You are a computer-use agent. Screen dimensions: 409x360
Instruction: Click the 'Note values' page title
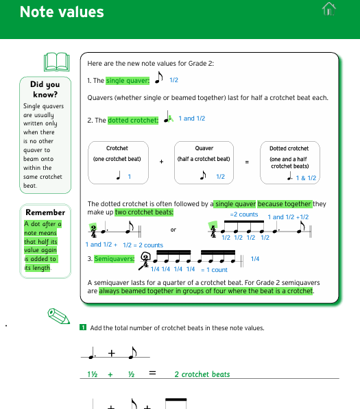pyautogui.click(x=62, y=12)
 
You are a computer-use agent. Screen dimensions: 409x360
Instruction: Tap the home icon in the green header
pyautogui.click(x=328, y=8)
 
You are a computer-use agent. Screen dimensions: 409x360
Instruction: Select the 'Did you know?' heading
pyautogui.click(x=45, y=90)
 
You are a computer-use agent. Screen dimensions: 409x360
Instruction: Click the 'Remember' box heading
pyautogui.click(x=45, y=212)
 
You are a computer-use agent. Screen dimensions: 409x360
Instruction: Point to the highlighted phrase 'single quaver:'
pyautogui.click(x=128, y=81)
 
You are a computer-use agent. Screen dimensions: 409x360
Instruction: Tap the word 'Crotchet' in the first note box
pyautogui.click(x=117, y=148)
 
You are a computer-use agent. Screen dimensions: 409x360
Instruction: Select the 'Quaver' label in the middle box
pyautogui.click(x=204, y=148)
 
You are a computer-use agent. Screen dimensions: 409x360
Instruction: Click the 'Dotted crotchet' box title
pyautogui.click(x=289, y=148)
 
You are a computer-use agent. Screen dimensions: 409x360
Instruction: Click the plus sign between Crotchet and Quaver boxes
pyautogui.click(x=161, y=162)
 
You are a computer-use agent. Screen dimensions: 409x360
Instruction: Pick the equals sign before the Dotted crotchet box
pyautogui.click(x=247, y=162)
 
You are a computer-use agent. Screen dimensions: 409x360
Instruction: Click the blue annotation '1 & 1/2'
pyautogui.click(x=306, y=178)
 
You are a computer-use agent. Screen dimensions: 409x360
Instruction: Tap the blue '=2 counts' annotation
pyautogui.click(x=244, y=214)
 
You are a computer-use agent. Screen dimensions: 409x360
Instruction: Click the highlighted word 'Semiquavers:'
pyautogui.click(x=114, y=259)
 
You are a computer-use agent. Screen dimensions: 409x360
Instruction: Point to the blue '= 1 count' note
pyautogui.click(x=214, y=270)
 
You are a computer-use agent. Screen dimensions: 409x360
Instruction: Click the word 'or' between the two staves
pyautogui.click(x=173, y=230)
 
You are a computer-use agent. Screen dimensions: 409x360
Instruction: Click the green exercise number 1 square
pyautogui.click(x=83, y=327)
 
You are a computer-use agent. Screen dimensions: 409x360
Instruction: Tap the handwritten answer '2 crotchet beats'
pyautogui.click(x=202, y=374)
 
